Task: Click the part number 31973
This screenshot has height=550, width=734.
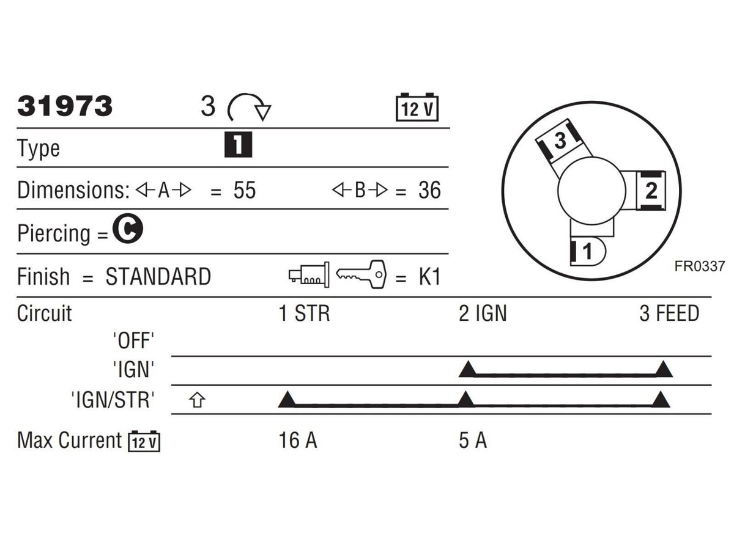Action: [x=65, y=106]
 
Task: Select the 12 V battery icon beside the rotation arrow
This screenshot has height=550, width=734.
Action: [x=417, y=107]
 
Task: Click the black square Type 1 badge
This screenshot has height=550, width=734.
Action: [x=238, y=145]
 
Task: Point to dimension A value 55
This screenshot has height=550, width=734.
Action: [x=245, y=190]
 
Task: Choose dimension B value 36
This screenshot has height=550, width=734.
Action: [x=429, y=190]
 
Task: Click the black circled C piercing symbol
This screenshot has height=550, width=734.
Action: [x=128, y=229]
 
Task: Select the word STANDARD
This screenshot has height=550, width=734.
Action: [x=158, y=277]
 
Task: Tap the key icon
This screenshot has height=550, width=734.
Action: [x=361, y=274]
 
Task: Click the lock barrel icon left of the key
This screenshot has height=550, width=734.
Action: [x=309, y=275]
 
